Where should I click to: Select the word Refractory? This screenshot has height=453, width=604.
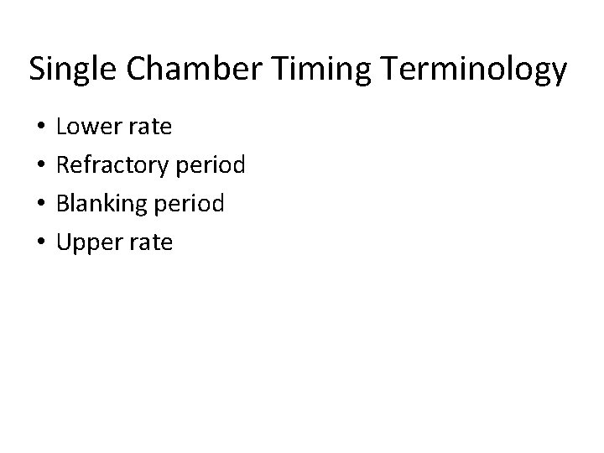click(111, 166)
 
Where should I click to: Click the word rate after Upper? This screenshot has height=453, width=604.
click(151, 243)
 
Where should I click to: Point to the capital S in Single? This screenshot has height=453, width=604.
click(37, 70)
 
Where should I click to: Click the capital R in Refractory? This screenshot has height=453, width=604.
click(62, 164)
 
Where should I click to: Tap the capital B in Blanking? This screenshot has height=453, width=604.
click(62, 203)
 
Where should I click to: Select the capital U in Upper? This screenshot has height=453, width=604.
click(63, 242)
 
